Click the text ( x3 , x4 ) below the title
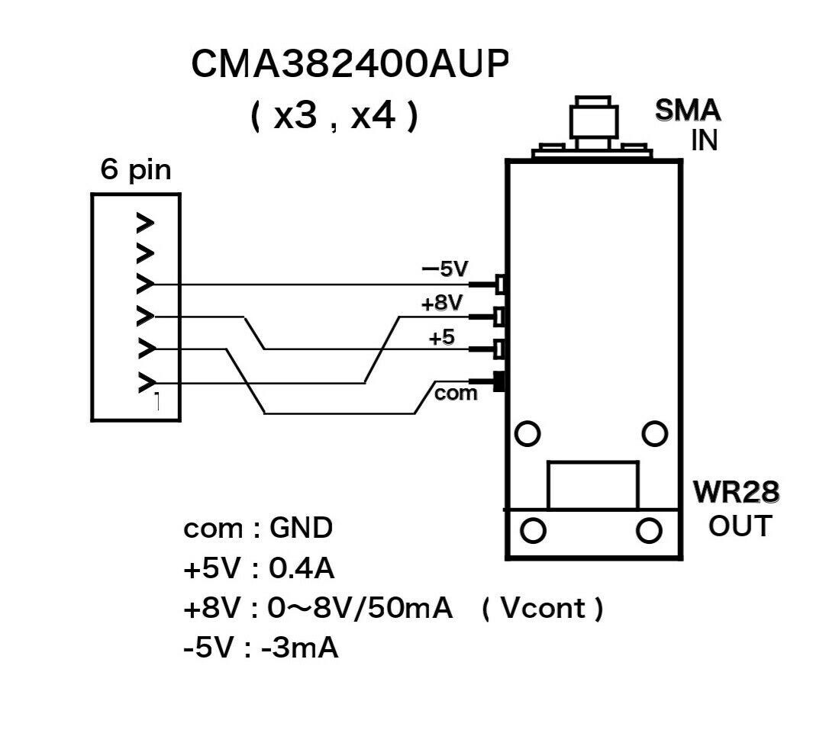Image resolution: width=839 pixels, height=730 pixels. [334, 117]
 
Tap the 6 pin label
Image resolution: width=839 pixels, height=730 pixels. [136, 170]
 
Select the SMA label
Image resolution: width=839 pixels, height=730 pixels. [688, 111]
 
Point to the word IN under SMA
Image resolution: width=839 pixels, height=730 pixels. [704, 140]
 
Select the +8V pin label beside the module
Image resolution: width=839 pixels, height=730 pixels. [442, 303]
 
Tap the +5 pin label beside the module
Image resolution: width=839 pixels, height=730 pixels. [442, 336]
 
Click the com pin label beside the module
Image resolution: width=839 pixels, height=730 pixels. [456, 394]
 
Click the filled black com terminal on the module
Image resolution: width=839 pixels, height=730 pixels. [500, 381]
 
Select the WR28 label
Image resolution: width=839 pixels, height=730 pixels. [735, 493]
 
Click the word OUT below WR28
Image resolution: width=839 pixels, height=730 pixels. [739, 526]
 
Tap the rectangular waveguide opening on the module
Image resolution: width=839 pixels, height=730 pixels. [592, 484]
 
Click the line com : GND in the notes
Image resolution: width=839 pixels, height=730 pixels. [258, 528]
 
